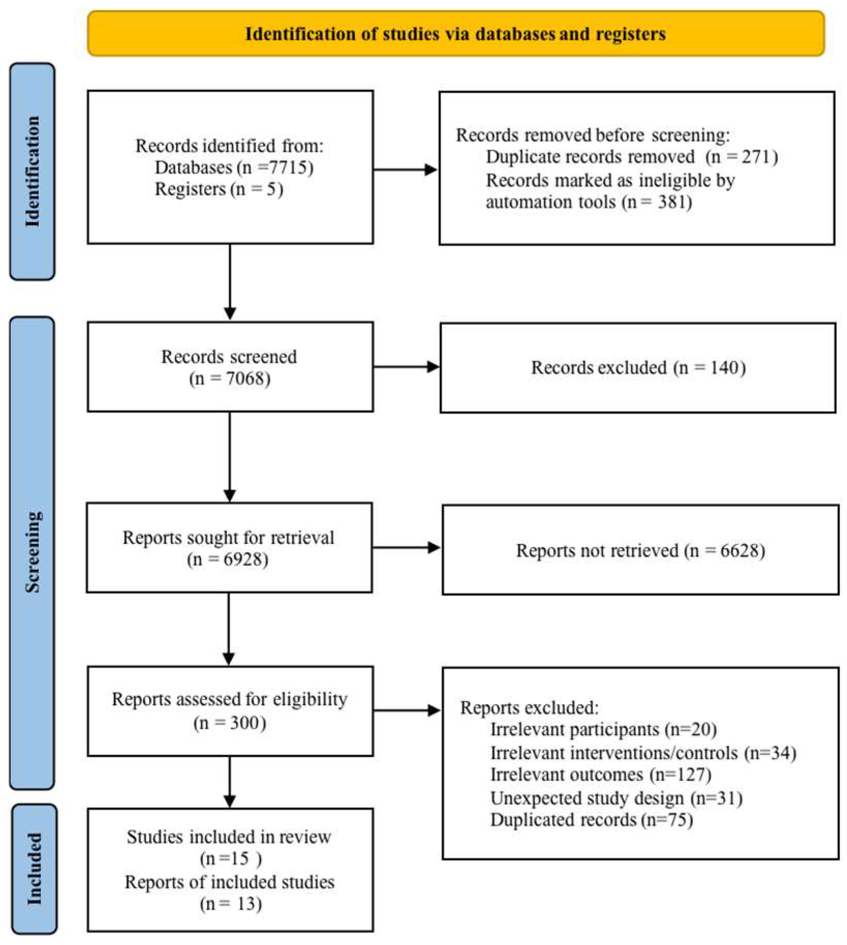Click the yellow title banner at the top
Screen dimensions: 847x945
(x=456, y=34)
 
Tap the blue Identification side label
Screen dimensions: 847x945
(x=32, y=171)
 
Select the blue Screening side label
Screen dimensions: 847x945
(x=32, y=553)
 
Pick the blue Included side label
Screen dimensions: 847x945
(x=34, y=868)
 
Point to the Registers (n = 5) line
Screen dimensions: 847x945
(x=219, y=189)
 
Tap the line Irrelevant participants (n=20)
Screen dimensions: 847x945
(x=603, y=729)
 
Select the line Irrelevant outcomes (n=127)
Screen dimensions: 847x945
(x=601, y=774)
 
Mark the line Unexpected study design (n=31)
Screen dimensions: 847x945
(x=616, y=798)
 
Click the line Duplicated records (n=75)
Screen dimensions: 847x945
(x=591, y=820)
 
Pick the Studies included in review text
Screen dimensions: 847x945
(x=229, y=837)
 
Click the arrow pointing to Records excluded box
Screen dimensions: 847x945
(x=406, y=367)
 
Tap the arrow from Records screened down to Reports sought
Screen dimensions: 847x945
(x=230, y=457)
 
